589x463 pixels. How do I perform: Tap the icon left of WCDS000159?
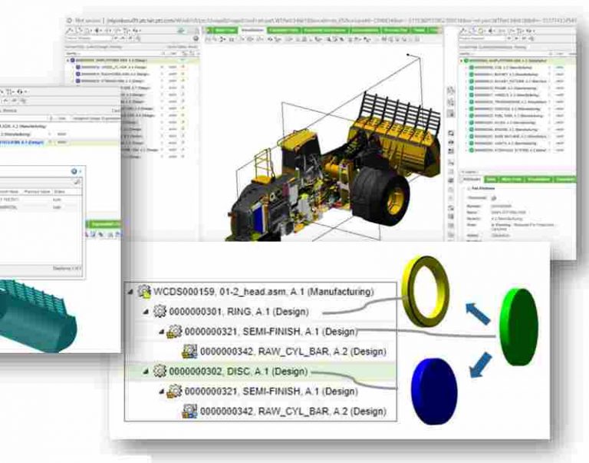[143, 292]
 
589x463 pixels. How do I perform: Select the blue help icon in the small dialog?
[74, 172]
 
